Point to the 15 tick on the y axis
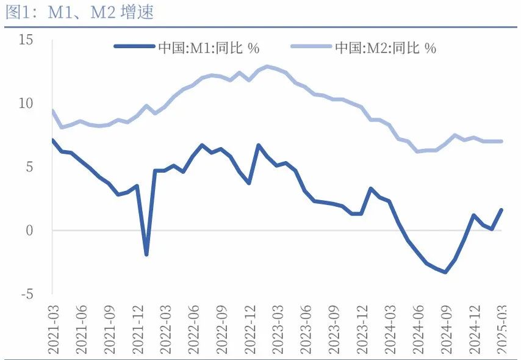[x=26, y=40]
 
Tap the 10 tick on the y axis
[x=26, y=104]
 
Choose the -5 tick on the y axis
[x=27, y=294]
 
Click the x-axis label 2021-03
[x=53, y=327]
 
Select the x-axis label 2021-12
[x=138, y=327]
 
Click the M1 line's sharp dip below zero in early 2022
[x=146, y=254]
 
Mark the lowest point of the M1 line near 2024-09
[x=445, y=272]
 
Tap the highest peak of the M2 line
[x=267, y=66]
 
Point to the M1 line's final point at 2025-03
[x=502, y=210]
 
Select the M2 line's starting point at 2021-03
[x=52, y=110]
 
